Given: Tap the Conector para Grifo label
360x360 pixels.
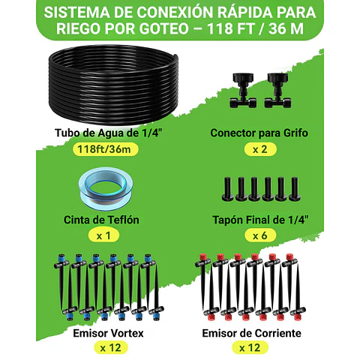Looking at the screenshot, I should coord(259,133).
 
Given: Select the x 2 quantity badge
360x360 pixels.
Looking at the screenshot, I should coord(259,148).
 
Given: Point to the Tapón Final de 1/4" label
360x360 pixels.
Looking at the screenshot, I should coord(259,220).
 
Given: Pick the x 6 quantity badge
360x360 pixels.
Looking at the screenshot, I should coord(259,235).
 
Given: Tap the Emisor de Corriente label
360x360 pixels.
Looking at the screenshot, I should coord(259,331).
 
